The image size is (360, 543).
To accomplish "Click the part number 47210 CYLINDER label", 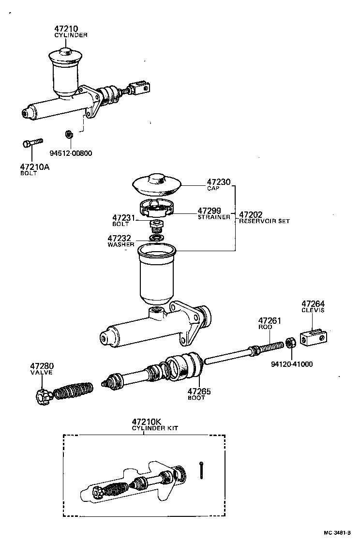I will [71, 31].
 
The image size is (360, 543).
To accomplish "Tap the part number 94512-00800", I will [71, 153].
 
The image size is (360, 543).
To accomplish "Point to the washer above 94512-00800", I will [69, 133].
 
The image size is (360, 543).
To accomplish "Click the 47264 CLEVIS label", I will [313, 306].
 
